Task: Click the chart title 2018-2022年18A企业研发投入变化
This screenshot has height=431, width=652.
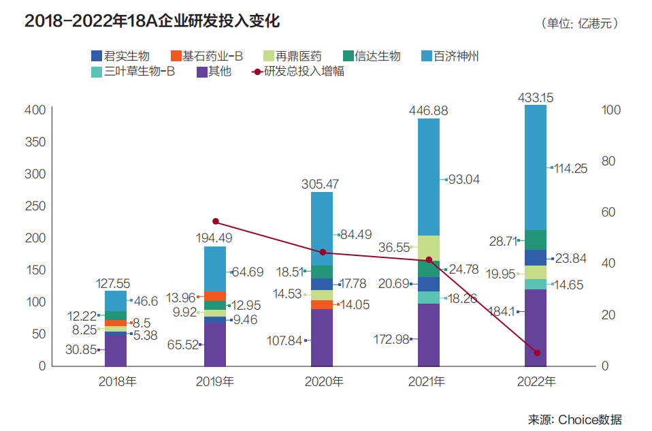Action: (152, 21)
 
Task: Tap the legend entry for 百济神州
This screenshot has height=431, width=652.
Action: (450, 56)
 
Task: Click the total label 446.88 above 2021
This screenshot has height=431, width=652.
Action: (429, 110)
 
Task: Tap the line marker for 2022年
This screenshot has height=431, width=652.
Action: (537, 353)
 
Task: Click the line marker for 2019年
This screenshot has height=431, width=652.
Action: (215, 221)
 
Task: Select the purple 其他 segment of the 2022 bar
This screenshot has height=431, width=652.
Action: (536, 327)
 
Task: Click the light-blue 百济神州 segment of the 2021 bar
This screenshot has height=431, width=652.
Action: (429, 177)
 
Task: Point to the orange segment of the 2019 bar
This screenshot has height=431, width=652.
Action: (215, 296)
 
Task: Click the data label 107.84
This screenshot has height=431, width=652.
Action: (283, 340)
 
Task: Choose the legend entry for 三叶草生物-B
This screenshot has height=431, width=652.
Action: (131, 71)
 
